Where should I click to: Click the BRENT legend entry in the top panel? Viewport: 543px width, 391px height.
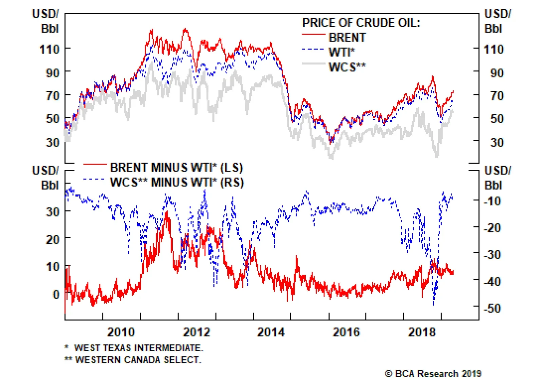tap(347, 37)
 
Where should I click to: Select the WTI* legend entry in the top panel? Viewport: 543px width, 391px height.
tap(341, 52)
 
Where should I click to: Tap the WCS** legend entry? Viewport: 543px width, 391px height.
tap(347, 67)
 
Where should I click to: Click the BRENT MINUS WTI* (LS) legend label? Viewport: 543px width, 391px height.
tap(176, 168)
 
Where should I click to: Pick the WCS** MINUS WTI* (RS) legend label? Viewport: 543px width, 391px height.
tap(177, 183)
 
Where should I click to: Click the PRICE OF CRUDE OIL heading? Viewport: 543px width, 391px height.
tap(361, 23)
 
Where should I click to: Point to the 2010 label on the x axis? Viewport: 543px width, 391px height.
tap(121, 332)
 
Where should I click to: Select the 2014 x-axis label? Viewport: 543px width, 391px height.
tap(271, 332)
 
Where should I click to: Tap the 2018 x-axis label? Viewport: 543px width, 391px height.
tap(422, 332)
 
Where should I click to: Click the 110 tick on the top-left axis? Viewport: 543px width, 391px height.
tap(50, 50)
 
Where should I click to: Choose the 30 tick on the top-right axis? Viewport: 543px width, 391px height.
tap(497, 142)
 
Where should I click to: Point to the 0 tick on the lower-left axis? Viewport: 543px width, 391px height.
tap(56, 294)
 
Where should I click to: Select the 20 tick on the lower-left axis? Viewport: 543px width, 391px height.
tap(53, 240)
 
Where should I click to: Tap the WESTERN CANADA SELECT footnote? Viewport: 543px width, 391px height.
tap(138, 360)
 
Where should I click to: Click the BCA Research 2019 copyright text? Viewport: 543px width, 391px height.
tap(433, 374)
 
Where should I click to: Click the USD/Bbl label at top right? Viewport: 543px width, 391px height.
tap(498, 21)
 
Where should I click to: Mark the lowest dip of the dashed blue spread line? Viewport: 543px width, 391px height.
tap(433, 304)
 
